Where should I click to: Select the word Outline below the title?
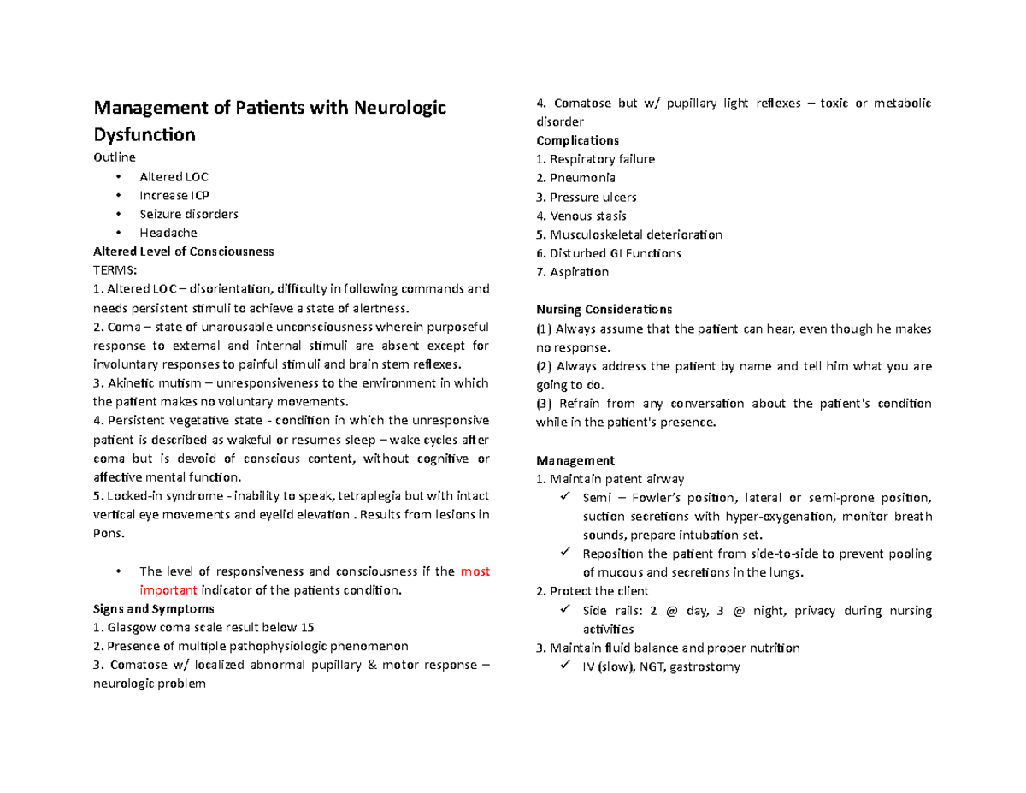coord(114,157)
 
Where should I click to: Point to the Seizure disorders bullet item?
coord(188,214)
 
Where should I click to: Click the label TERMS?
coord(114,270)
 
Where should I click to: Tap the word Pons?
coord(107,534)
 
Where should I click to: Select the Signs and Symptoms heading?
coord(153,609)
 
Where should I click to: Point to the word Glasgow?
coord(127,628)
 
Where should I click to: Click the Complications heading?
coord(577,140)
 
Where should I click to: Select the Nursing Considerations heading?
coord(604,309)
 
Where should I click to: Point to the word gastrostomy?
coord(705,667)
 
